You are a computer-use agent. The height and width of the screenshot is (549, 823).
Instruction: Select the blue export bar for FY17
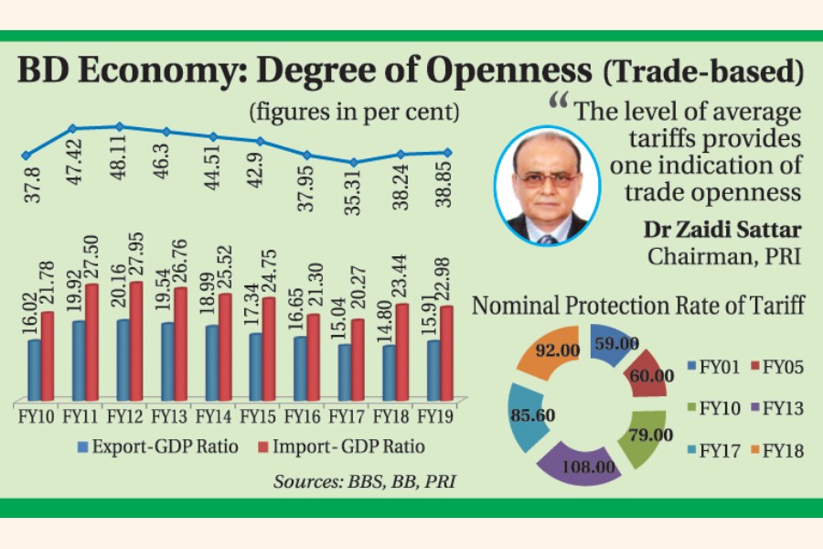click(346, 371)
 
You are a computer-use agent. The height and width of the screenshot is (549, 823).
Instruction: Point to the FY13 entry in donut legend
click(772, 406)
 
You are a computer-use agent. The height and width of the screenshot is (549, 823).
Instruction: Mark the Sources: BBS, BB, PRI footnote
click(364, 479)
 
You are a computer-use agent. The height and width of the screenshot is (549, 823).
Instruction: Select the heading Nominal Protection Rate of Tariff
click(638, 306)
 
